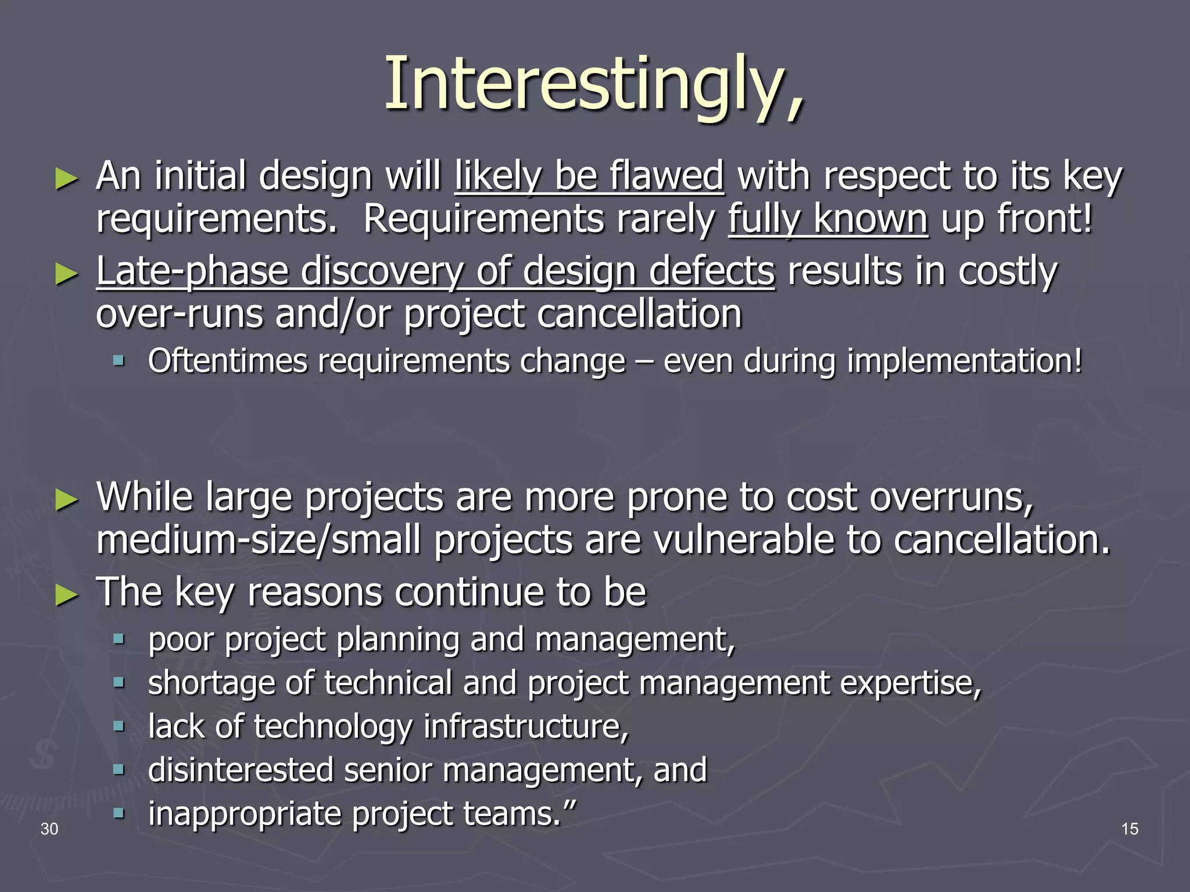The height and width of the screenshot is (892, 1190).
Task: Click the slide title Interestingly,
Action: click(x=594, y=84)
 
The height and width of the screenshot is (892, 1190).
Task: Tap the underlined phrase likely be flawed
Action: click(x=589, y=175)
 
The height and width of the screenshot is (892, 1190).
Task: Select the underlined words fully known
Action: click(x=828, y=219)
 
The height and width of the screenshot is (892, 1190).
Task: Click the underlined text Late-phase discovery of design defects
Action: click(x=435, y=271)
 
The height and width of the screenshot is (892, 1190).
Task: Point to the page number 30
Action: click(x=49, y=829)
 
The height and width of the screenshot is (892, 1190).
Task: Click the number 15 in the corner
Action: click(x=1130, y=829)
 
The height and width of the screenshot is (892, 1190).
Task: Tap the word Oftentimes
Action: click(x=227, y=361)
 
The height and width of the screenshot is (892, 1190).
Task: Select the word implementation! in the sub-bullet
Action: click(x=965, y=361)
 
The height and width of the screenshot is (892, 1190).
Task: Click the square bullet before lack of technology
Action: click(x=119, y=726)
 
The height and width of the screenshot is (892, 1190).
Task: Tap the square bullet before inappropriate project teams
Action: click(x=119, y=813)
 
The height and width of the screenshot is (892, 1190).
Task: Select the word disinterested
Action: click(x=240, y=770)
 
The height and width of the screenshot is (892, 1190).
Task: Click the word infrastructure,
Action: click(x=526, y=726)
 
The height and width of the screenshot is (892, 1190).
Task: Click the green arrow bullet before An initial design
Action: click(x=66, y=178)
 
